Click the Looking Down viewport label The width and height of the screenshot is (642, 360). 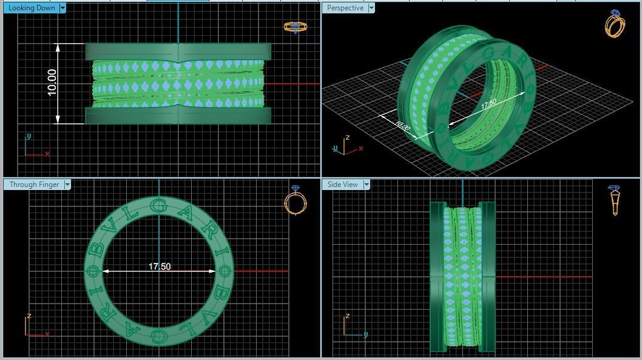[32, 8]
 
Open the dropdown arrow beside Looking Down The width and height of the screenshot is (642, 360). [63, 8]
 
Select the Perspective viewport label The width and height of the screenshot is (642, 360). [345, 8]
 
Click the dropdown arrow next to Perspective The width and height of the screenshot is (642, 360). [371, 8]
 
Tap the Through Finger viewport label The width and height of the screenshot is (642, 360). [34, 185]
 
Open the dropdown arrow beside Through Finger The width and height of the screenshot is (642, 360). [67, 185]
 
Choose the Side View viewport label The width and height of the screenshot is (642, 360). [342, 185]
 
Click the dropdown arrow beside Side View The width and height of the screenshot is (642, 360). [367, 185]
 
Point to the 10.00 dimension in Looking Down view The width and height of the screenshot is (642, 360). [52, 82]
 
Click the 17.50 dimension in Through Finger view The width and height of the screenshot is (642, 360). [160, 267]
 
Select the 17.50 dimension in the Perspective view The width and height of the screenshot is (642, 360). [488, 104]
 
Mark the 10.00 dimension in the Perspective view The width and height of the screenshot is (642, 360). [402, 126]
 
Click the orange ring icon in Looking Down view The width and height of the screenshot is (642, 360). [295, 27]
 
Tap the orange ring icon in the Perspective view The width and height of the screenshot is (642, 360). [615, 24]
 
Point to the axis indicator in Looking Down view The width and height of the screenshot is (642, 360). [35, 147]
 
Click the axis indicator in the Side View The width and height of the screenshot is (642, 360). [354, 325]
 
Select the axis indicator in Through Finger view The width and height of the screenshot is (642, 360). [36, 325]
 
